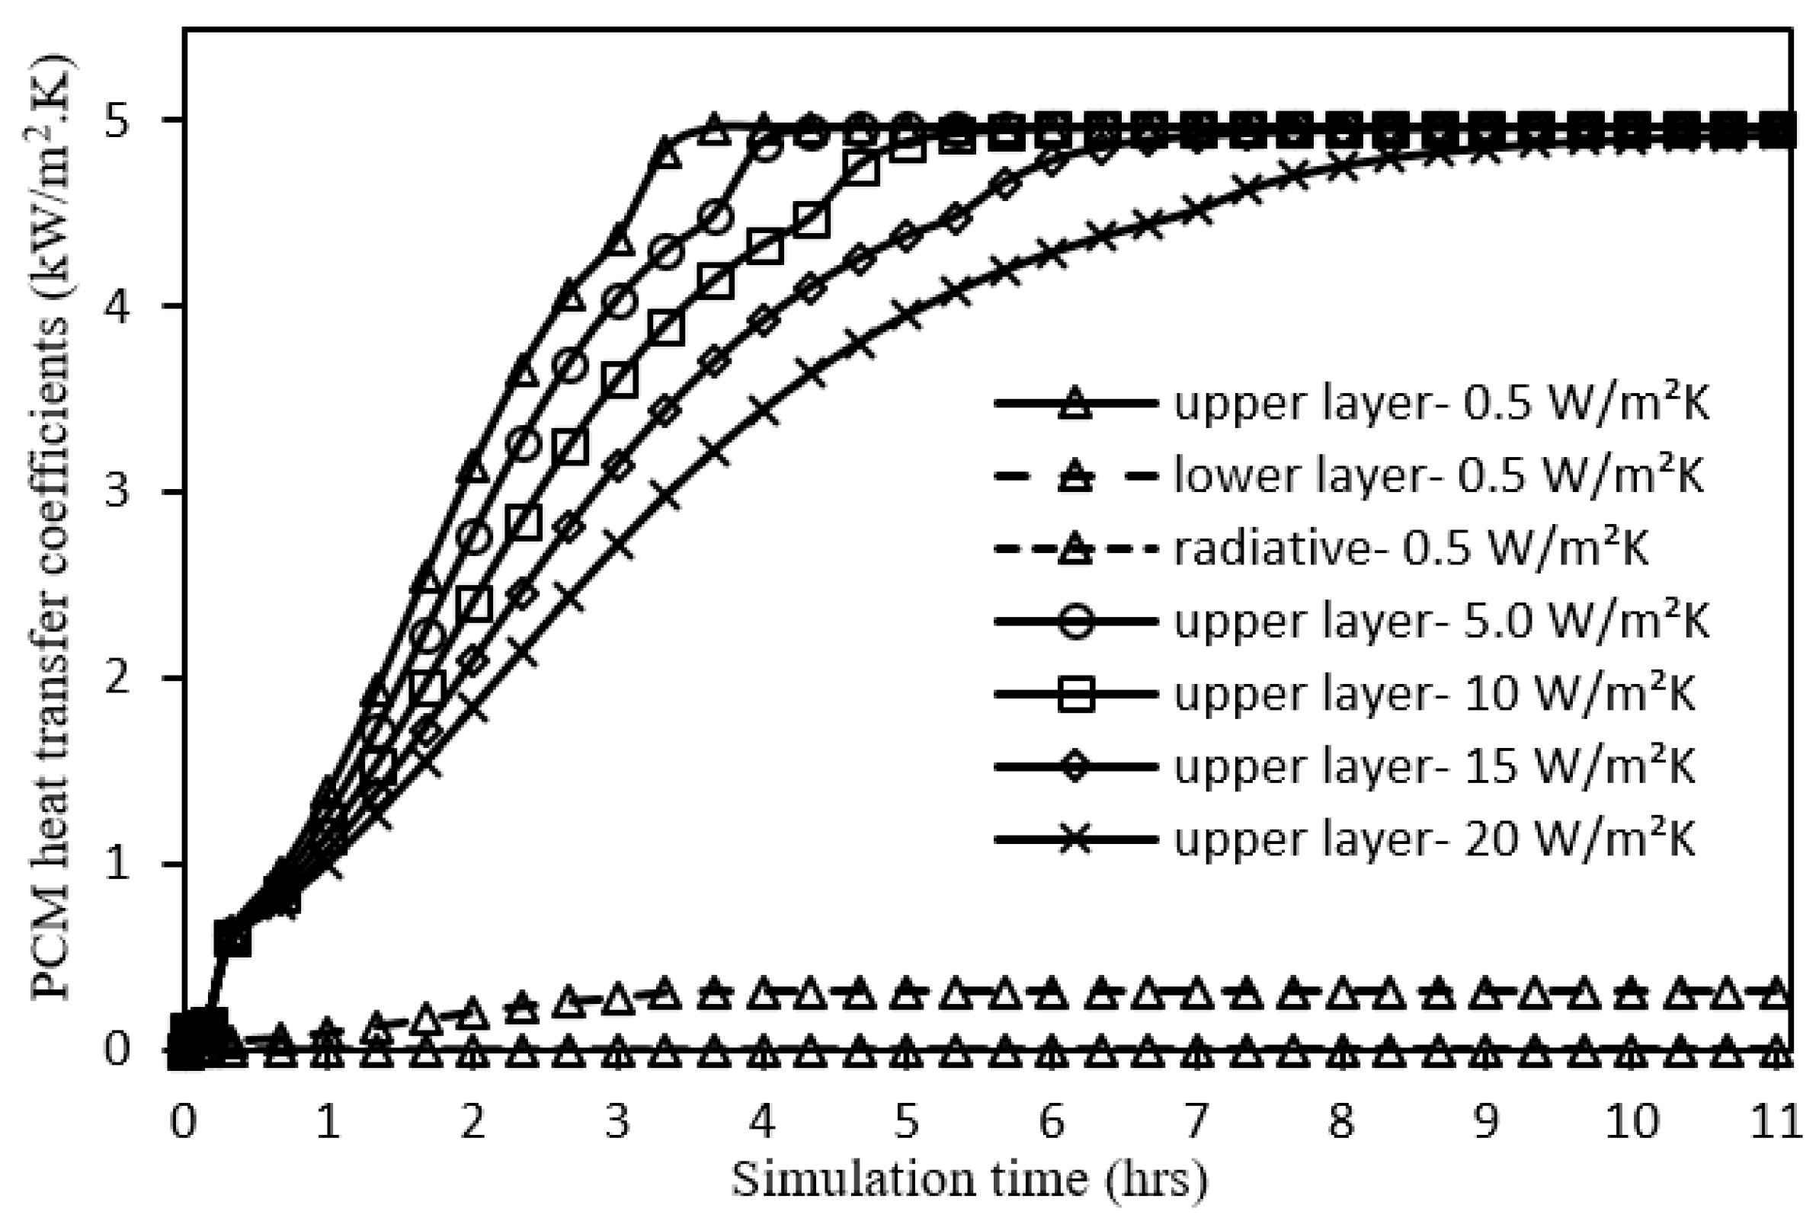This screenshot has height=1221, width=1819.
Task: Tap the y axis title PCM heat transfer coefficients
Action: (51, 529)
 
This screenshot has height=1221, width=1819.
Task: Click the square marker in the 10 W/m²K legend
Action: (1077, 694)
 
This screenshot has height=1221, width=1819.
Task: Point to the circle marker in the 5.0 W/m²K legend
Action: (1077, 622)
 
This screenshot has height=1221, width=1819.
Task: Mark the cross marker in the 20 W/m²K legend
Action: (1077, 839)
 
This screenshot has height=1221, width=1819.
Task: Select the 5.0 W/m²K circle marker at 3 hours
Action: (619, 302)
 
